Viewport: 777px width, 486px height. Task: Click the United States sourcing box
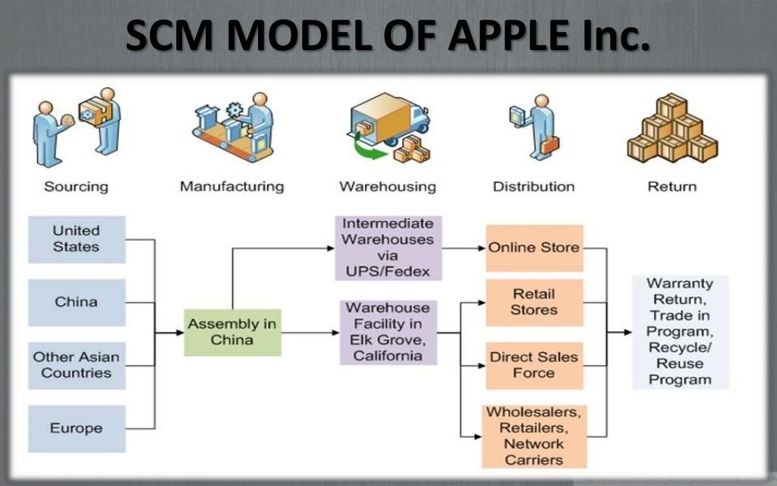click(x=77, y=239)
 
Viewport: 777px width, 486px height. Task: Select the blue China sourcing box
click(x=77, y=302)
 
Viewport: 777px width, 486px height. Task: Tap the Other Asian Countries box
click(x=77, y=365)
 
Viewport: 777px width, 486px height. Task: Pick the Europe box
click(x=77, y=428)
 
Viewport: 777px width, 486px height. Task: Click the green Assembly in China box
click(x=232, y=333)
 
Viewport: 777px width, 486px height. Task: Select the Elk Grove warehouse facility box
click(x=388, y=333)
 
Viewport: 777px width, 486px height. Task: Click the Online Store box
click(x=534, y=248)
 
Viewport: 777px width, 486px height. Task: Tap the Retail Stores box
click(x=534, y=302)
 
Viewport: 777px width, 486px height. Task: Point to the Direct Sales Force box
click(x=534, y=365)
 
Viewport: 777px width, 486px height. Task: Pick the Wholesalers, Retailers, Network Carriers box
click(x=534, y=436)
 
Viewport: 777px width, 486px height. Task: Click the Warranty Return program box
click(x=680, y=333)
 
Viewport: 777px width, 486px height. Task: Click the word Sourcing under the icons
click(x=76, y=186)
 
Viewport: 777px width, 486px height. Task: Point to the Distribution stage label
click(x=533, y=186)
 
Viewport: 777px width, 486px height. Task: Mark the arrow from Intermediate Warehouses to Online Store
click(x=463, y=248)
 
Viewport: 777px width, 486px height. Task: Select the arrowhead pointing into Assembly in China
click(x=178, y=333)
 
